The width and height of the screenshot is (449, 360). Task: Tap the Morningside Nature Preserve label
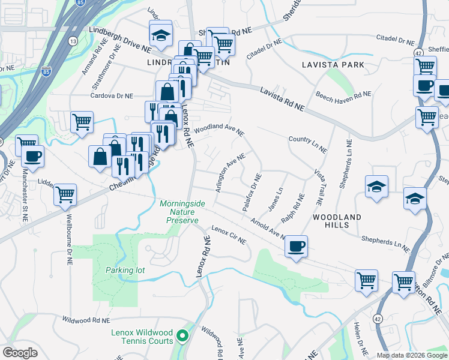click(182, 212)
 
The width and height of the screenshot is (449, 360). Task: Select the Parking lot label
click(125, 270)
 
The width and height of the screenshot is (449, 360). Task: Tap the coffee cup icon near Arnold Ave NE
click(296, 247)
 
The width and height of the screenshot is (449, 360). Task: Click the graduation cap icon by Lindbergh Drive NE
click(160, 35)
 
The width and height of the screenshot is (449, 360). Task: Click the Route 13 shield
click(73, 41)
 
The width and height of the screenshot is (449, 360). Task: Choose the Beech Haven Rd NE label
click(343, 95)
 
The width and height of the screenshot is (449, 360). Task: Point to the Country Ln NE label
click(307, 143)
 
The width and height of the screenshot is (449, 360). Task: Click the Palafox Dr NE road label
click(252, 191)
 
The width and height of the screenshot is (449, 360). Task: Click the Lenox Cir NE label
click(229, 235)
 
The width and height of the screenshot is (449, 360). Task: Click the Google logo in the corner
click(20, 353)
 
